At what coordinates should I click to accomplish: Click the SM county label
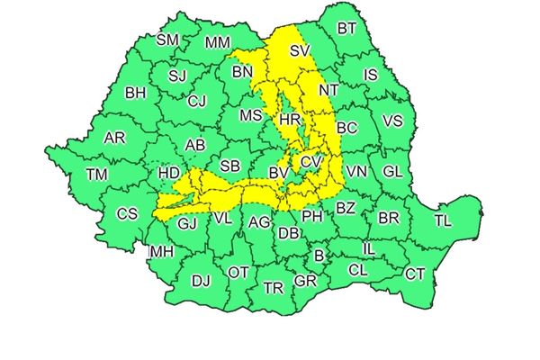167,40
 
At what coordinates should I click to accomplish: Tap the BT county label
346,29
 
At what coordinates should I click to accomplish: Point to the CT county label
414,274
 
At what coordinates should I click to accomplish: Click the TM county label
95,175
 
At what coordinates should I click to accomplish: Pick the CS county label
127,214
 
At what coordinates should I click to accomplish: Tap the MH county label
161,252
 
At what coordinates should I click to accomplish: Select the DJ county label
201,281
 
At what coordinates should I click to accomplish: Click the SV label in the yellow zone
300,52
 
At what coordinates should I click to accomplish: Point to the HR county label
290,119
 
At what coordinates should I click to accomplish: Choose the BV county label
278,171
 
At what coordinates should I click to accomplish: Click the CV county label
310,161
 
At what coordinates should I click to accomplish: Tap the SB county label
230,166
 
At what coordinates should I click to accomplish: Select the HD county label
167,171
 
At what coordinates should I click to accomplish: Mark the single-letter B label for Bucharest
318,256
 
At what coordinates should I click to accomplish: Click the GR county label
306,282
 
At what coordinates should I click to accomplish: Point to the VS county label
392,121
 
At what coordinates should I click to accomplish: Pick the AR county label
114,139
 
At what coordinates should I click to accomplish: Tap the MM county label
217,42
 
